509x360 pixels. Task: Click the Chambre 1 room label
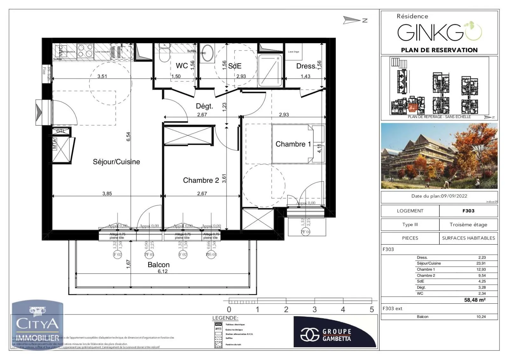[x=293, y=144]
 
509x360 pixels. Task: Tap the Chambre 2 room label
[x=201, y=180]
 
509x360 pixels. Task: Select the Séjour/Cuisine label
[x=116, y=162]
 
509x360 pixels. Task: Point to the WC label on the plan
[x=182, y=66]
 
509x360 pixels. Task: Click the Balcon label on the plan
[x=158, y=265]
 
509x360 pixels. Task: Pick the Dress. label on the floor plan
[x=306, y=66]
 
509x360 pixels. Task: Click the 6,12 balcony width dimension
[x=163, y=271]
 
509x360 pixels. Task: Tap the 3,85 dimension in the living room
[x=107, y=193]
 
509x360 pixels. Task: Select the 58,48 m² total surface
[x=475, y=300]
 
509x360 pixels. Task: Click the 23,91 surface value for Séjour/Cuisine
[x=481, y=263]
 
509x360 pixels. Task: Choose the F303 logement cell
[x=468, y=211]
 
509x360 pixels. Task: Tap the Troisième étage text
[x=468, y=225]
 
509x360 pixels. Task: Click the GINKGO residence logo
[x=439, y=32]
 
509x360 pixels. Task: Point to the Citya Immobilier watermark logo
[x=38, y=324]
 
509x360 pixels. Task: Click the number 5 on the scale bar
[x=371, y=309]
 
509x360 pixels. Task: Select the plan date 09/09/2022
[x=454, y=196]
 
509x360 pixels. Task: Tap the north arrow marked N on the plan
[x=356, y=20]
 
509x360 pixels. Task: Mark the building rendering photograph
[x=439, y=156]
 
